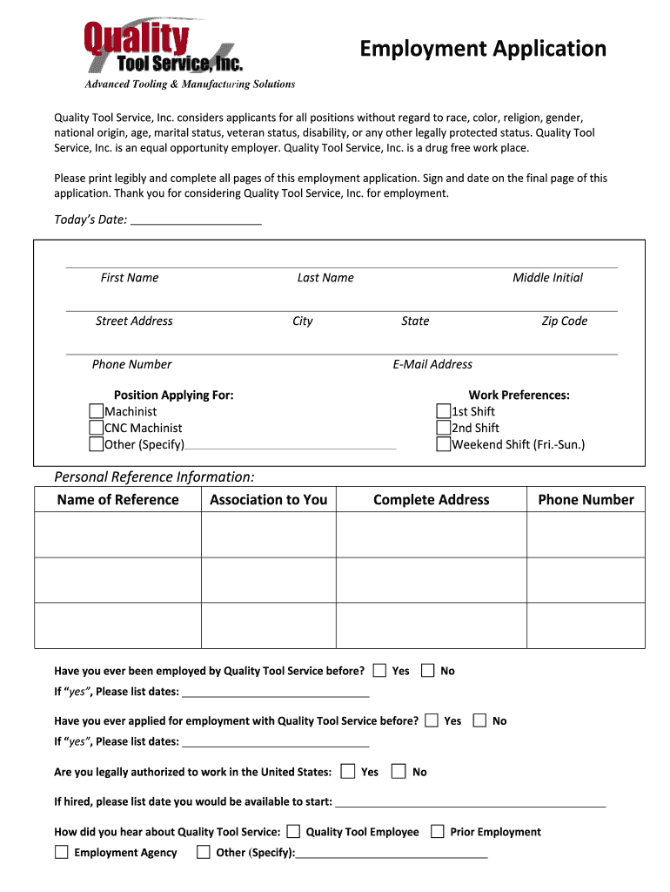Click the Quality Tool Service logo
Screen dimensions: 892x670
pos(164,48)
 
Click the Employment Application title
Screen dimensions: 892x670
pos(483,49)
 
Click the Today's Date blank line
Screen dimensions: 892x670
pos(195,219)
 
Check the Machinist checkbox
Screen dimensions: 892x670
pos(97,411)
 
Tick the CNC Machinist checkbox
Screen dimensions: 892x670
pos(97,428)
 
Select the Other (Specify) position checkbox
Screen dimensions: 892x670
pos(97,444)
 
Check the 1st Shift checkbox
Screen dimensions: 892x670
pos(444,411)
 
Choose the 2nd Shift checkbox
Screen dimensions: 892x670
pos(444,428)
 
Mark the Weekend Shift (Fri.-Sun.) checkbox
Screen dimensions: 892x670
pos(444,444)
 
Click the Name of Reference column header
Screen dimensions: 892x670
pos(117,499)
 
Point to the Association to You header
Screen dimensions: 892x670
pos(268,499)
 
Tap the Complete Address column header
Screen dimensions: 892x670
pos(431,499)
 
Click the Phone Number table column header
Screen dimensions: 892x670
pos(586,499)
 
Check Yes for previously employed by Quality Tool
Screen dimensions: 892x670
pos(379,671)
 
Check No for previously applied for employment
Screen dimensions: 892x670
pos(480,720)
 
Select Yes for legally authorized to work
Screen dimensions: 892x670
pos(348,771)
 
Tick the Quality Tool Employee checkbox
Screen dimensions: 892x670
pos(293,831)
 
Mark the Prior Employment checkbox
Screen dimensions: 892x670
pos(438,831)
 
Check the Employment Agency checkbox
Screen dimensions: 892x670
pos(62,852)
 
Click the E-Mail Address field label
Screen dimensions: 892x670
pos(432,364)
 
